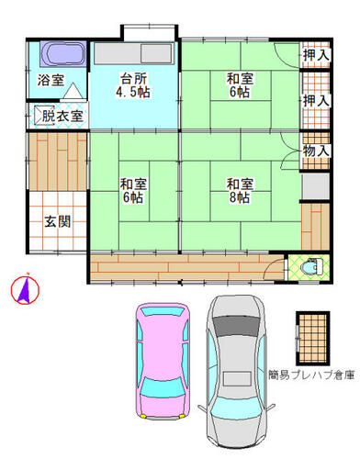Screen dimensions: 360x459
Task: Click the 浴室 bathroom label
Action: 51,80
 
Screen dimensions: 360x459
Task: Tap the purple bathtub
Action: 63,54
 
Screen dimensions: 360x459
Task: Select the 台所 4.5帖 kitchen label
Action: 133,85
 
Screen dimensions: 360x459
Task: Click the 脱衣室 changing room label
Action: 62,116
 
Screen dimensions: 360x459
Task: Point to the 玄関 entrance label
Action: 58,221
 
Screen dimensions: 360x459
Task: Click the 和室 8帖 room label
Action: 240,191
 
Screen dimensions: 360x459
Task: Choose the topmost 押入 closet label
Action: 316,55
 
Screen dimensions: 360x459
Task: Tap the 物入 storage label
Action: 316,151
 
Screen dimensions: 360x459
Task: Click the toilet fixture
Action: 312,267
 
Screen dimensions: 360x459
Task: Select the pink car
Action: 163,361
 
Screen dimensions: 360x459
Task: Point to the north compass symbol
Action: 25,288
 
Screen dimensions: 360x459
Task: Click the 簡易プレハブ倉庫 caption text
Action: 311,375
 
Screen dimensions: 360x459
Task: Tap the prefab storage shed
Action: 313,338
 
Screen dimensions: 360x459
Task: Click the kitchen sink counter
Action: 134,53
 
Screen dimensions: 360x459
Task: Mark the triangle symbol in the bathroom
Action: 73,90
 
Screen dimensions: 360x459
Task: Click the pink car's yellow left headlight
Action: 142,416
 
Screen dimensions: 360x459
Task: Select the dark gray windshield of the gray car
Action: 235,326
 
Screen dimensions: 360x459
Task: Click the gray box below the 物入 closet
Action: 316,186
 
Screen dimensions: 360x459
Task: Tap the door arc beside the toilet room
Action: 273,267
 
